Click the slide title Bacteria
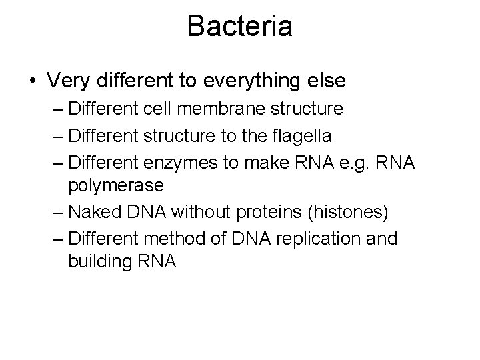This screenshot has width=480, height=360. pyautogui.click(x=239, y=27)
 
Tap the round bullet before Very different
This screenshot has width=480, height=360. pyautogui.click(x=33, y=81)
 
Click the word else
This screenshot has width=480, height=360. pyautogui.click(x=327, y=81)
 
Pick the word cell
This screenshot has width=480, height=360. pyautogui.click(x=171, y=109)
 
